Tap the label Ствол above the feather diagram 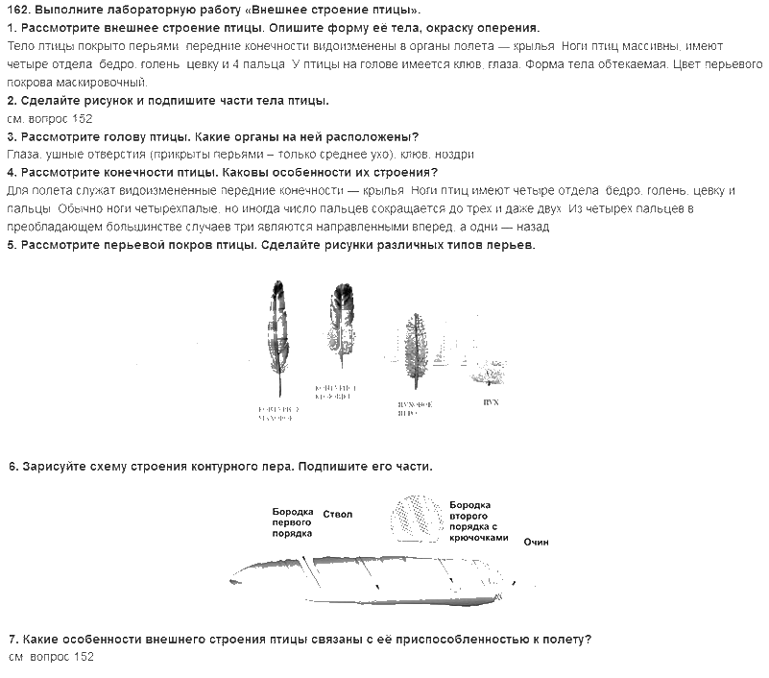click(x=338, y=515)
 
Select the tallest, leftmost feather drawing click(x=276, y=336)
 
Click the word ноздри click(x=455, y=155)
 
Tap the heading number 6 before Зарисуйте click(x=12, y=467)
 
